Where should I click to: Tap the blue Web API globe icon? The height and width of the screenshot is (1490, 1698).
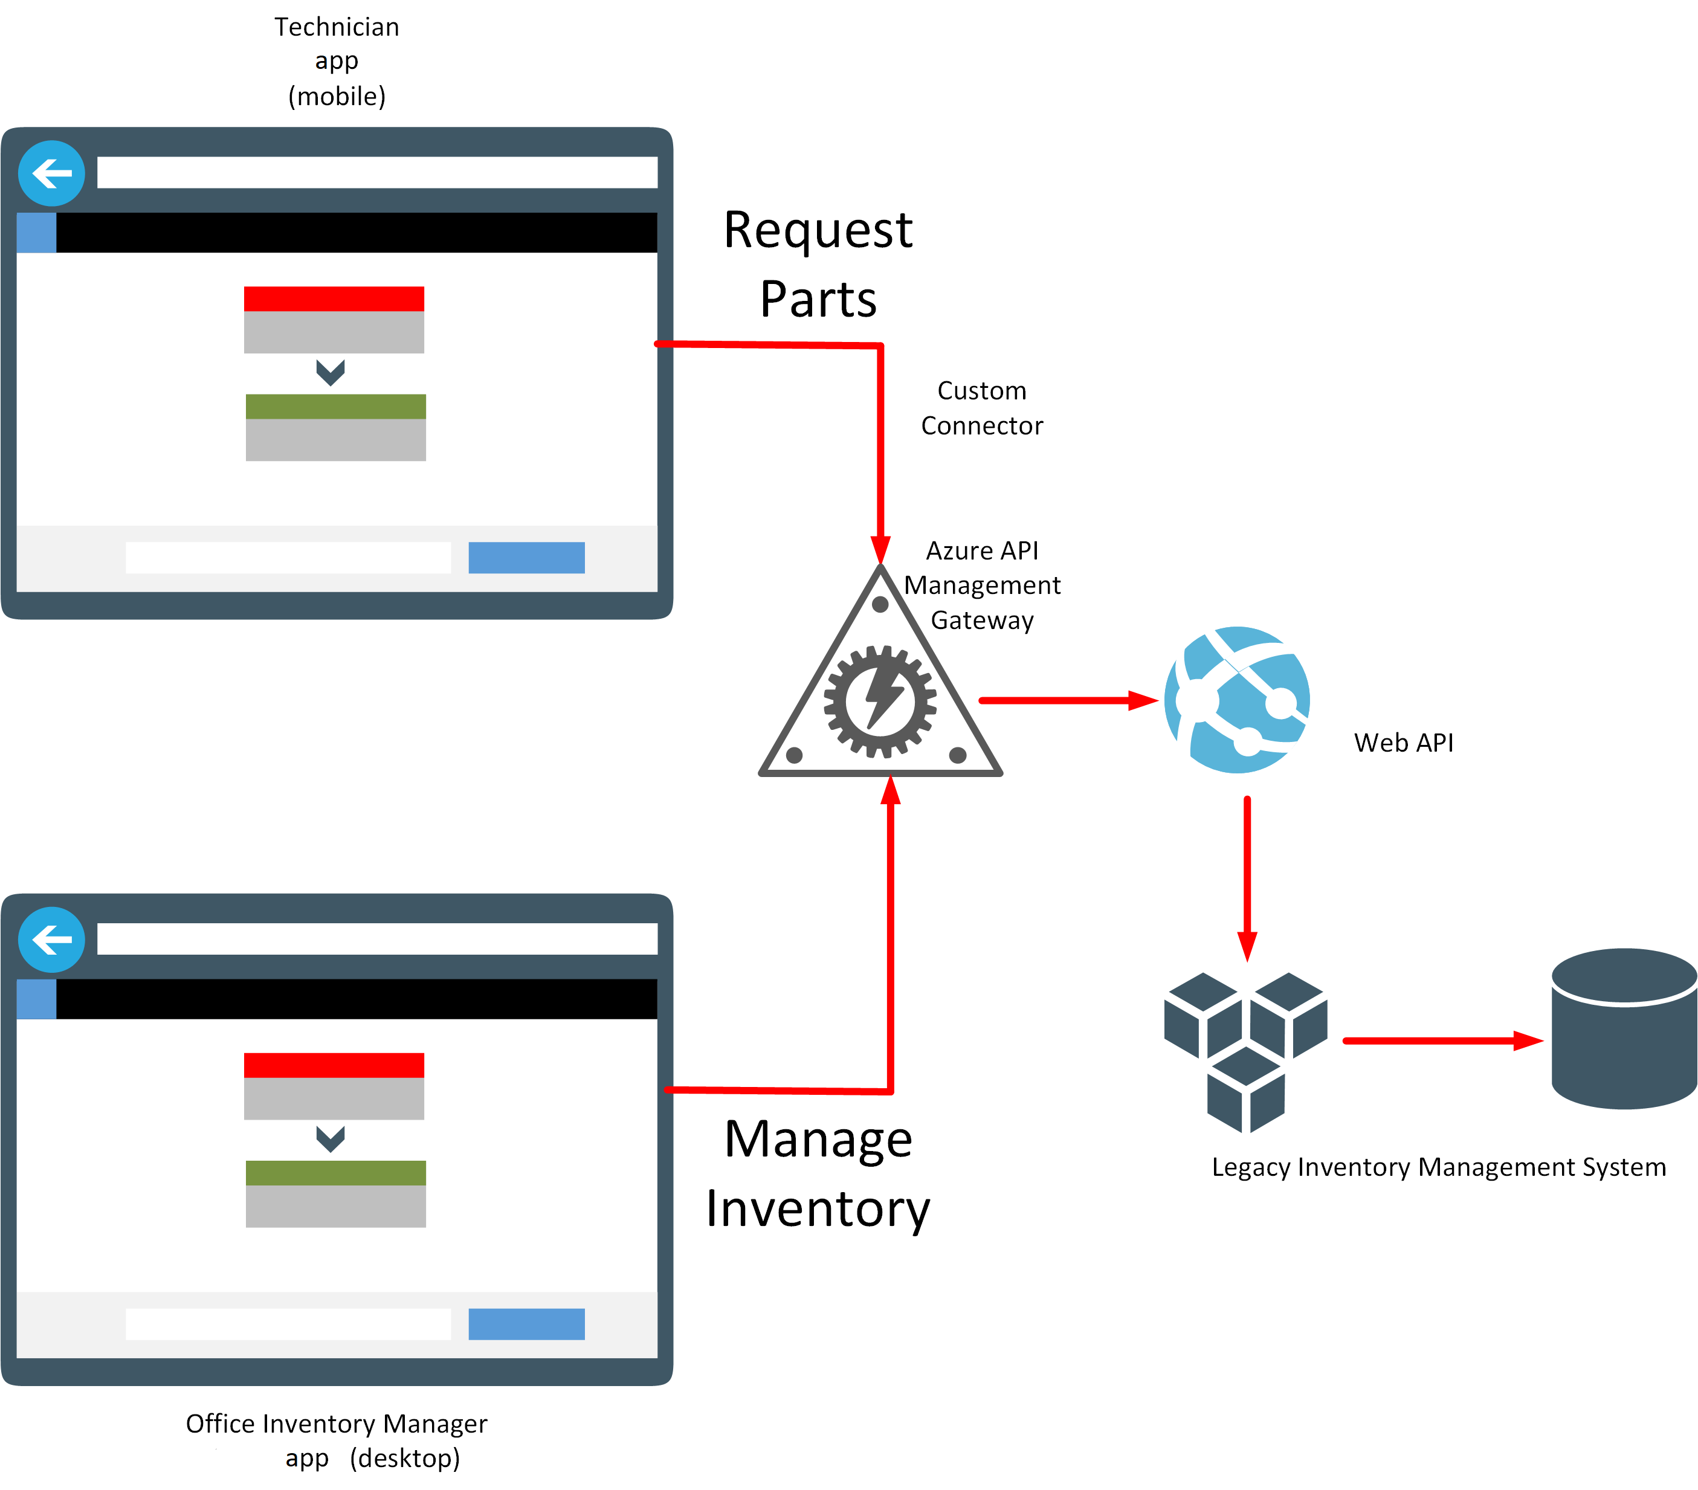pos(1237,700)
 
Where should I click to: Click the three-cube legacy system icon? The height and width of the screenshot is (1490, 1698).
pos(1245,1051)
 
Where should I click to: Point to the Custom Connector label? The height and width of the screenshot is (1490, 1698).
pos(982,408)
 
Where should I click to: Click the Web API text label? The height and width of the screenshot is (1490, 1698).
pos(1403,743)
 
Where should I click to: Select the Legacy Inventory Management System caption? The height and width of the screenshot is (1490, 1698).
pos(1438,1167)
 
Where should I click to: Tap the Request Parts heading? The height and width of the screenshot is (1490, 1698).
pos(818,263)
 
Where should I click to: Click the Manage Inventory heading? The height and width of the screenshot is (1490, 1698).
pos(818,1173)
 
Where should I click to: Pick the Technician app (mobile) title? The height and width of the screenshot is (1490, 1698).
pos(337,62)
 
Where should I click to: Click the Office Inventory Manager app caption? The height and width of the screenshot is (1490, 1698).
pos(337,1440)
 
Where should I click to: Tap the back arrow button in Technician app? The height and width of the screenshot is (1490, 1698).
pos(51,173)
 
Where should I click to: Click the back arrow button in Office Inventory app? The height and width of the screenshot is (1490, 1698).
pos(51,940)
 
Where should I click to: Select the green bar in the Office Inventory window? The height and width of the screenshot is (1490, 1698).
pos(335,1173)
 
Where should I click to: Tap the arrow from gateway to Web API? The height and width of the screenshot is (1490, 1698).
pos(1068,700)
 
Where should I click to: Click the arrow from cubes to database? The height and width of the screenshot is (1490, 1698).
pos(1441,1040)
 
